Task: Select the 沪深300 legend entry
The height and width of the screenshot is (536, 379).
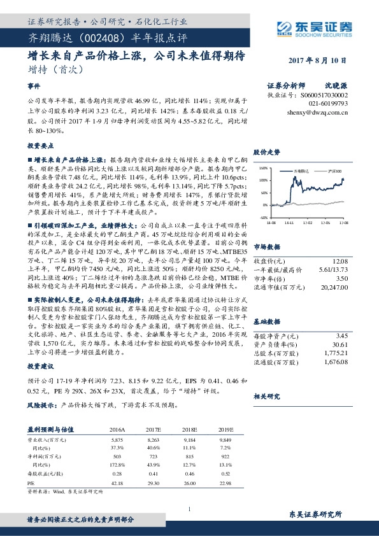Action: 333,172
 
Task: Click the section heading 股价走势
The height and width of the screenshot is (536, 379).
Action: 268,153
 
